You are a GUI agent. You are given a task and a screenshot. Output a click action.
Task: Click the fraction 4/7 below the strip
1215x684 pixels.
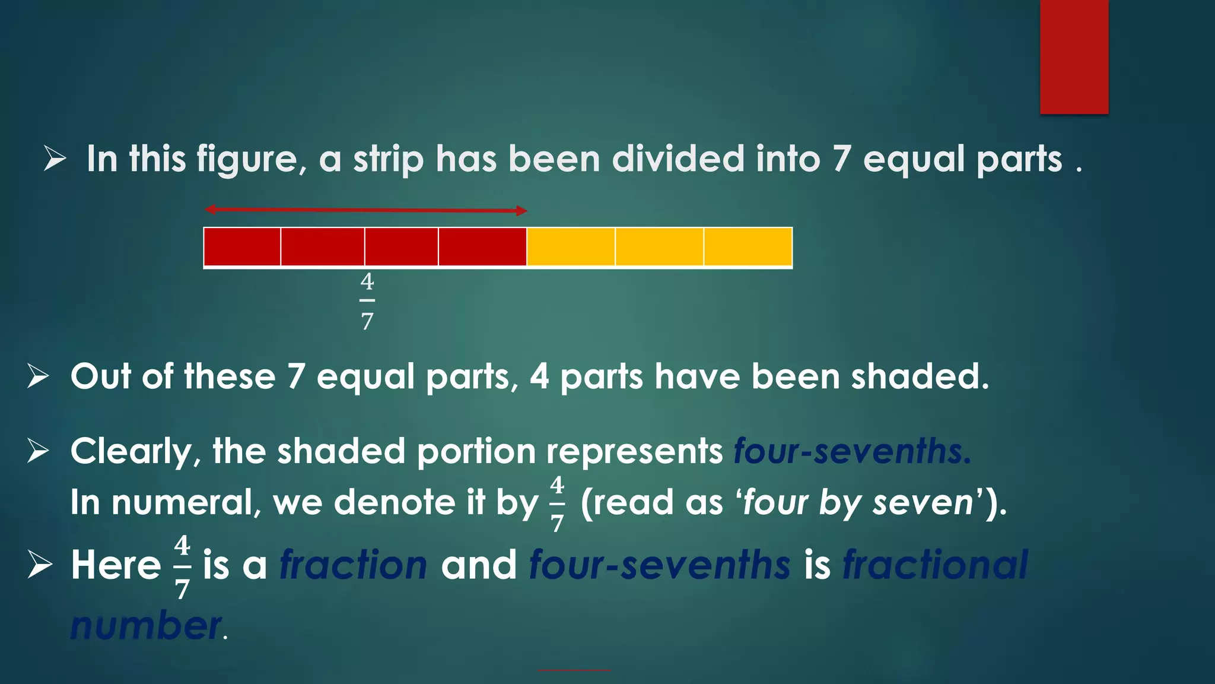(x=367, y=301)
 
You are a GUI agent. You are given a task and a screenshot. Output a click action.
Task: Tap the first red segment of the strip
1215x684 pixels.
(x=242, y=246)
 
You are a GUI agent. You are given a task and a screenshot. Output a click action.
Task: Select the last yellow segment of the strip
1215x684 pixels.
(x=748, y=246)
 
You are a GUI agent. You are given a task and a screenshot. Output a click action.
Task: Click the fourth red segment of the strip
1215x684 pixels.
(x=482, y=246)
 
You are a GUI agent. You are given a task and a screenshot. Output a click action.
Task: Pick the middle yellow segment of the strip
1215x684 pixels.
(x=659, y=246)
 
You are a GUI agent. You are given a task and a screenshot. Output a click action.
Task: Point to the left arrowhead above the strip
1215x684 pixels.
(x=209, y=209)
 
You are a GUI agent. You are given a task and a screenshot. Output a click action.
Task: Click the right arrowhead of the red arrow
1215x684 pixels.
(x=521, y=211)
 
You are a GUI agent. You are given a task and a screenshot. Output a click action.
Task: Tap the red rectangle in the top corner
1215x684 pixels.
(x=1074, y=56)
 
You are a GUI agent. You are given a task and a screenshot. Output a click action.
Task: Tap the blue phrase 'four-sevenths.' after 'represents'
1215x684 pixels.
(x=852, y=451)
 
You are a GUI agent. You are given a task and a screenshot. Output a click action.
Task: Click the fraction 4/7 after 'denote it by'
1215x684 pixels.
(x=556, y=503)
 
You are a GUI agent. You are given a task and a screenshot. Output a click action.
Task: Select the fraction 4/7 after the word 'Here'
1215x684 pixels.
(x=182, y=566)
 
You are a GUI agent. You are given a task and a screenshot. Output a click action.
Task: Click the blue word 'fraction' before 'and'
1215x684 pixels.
(x=353, y=565)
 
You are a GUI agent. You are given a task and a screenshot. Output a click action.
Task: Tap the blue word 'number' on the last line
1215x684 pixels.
(x=145, y=626)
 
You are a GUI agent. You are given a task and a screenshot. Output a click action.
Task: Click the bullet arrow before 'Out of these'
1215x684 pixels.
(x=38, y=376)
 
